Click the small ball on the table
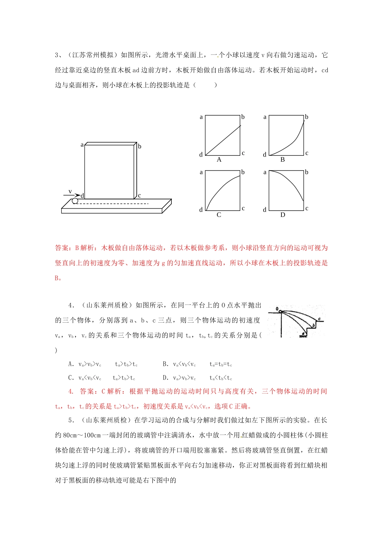coord(75,201)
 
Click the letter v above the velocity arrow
coord(70,191)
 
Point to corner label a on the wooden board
coord(82,145)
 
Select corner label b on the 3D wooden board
coord(139,146)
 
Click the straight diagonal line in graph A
coord(223,140)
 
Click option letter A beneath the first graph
coord(219,160)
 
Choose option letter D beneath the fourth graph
coord(283,215)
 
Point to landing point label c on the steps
coord(319,319)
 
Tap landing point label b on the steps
coord(314,325)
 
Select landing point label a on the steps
coord(303,334)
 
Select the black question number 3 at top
coord(57,55)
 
